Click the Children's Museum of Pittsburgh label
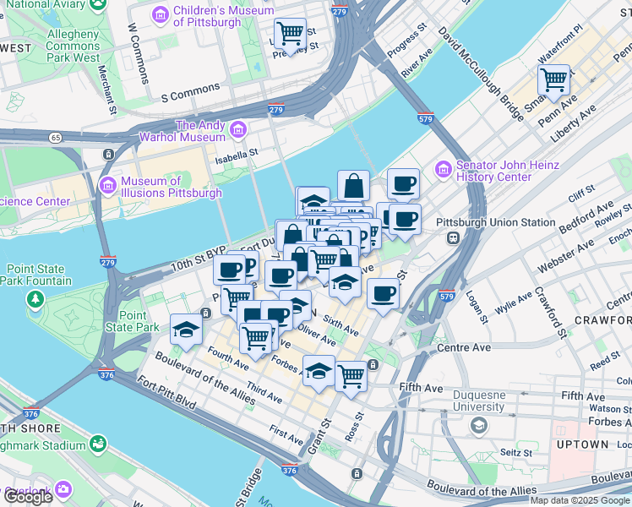(223, 15)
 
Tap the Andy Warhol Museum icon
(238, 130)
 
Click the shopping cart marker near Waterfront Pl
(553, 80)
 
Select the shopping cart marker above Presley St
(290, 33)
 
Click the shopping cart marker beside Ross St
(351, 374)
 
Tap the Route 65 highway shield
(55, 137)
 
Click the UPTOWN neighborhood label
(582, 444)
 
